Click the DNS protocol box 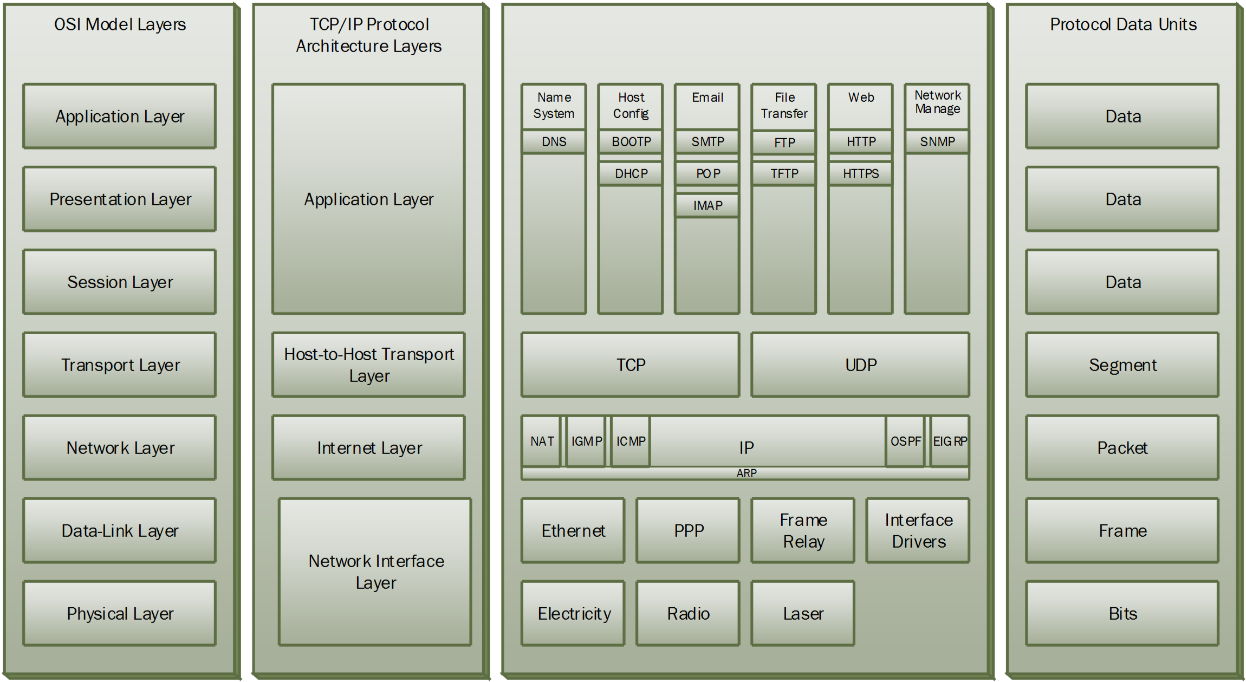(554, 142)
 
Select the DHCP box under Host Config (631, 174)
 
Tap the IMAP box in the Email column (707, 206)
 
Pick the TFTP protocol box (784, 174)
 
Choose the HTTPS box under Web (860, 174)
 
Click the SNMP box (937, 142)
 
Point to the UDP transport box (860, 365)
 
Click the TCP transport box (631, 365)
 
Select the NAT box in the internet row (541, 441)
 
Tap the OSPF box (905, 441)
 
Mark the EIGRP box (950, 441)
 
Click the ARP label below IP (746, 473)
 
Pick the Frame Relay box (803, 530)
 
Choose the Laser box (803, 613)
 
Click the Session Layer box (120, 282)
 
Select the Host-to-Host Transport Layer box (368, 365)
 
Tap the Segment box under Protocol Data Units (1122, 365)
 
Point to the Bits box (1122, 613)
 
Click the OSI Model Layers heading (120, 24)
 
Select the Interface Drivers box (918, 530)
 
